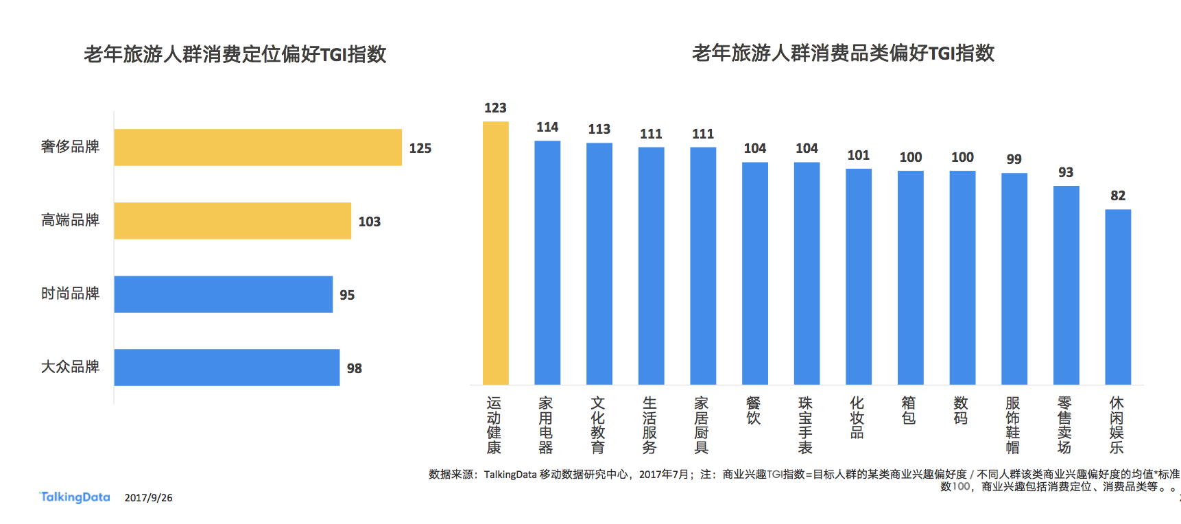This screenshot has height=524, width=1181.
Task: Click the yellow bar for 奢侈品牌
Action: coord(258,147)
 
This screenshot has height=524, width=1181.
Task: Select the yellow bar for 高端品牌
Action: coord(232,221)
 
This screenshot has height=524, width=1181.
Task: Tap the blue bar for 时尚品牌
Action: coord(223,294)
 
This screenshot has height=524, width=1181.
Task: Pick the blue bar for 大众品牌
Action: coord(226,368)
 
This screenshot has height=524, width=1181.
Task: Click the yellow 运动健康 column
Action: coord(495,253)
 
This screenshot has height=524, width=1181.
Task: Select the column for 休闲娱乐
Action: coord(1117,297)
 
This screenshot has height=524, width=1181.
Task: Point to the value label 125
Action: coord(420,148)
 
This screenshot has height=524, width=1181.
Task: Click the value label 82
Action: coord(1118,195)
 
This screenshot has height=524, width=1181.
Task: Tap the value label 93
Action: coord(1066,172)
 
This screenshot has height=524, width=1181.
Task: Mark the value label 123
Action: coord(495,108)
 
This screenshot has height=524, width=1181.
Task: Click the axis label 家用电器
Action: coord(546,425)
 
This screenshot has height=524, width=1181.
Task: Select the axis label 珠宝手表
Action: coord(806,425)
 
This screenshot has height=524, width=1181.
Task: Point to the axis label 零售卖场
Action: coord(1064,425)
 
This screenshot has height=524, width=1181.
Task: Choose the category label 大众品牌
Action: coord(70,367)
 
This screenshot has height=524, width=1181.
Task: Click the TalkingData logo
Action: coord(75,497)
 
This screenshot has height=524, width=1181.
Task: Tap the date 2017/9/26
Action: coord(148,498)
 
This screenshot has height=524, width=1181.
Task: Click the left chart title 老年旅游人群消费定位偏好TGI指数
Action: coord(235,54)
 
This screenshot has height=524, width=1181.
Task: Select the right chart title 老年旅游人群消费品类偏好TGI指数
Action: coord(843,53)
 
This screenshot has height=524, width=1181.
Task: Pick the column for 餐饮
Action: coord(754,274)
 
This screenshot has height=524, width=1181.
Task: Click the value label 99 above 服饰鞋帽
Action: coord(1014,159)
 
